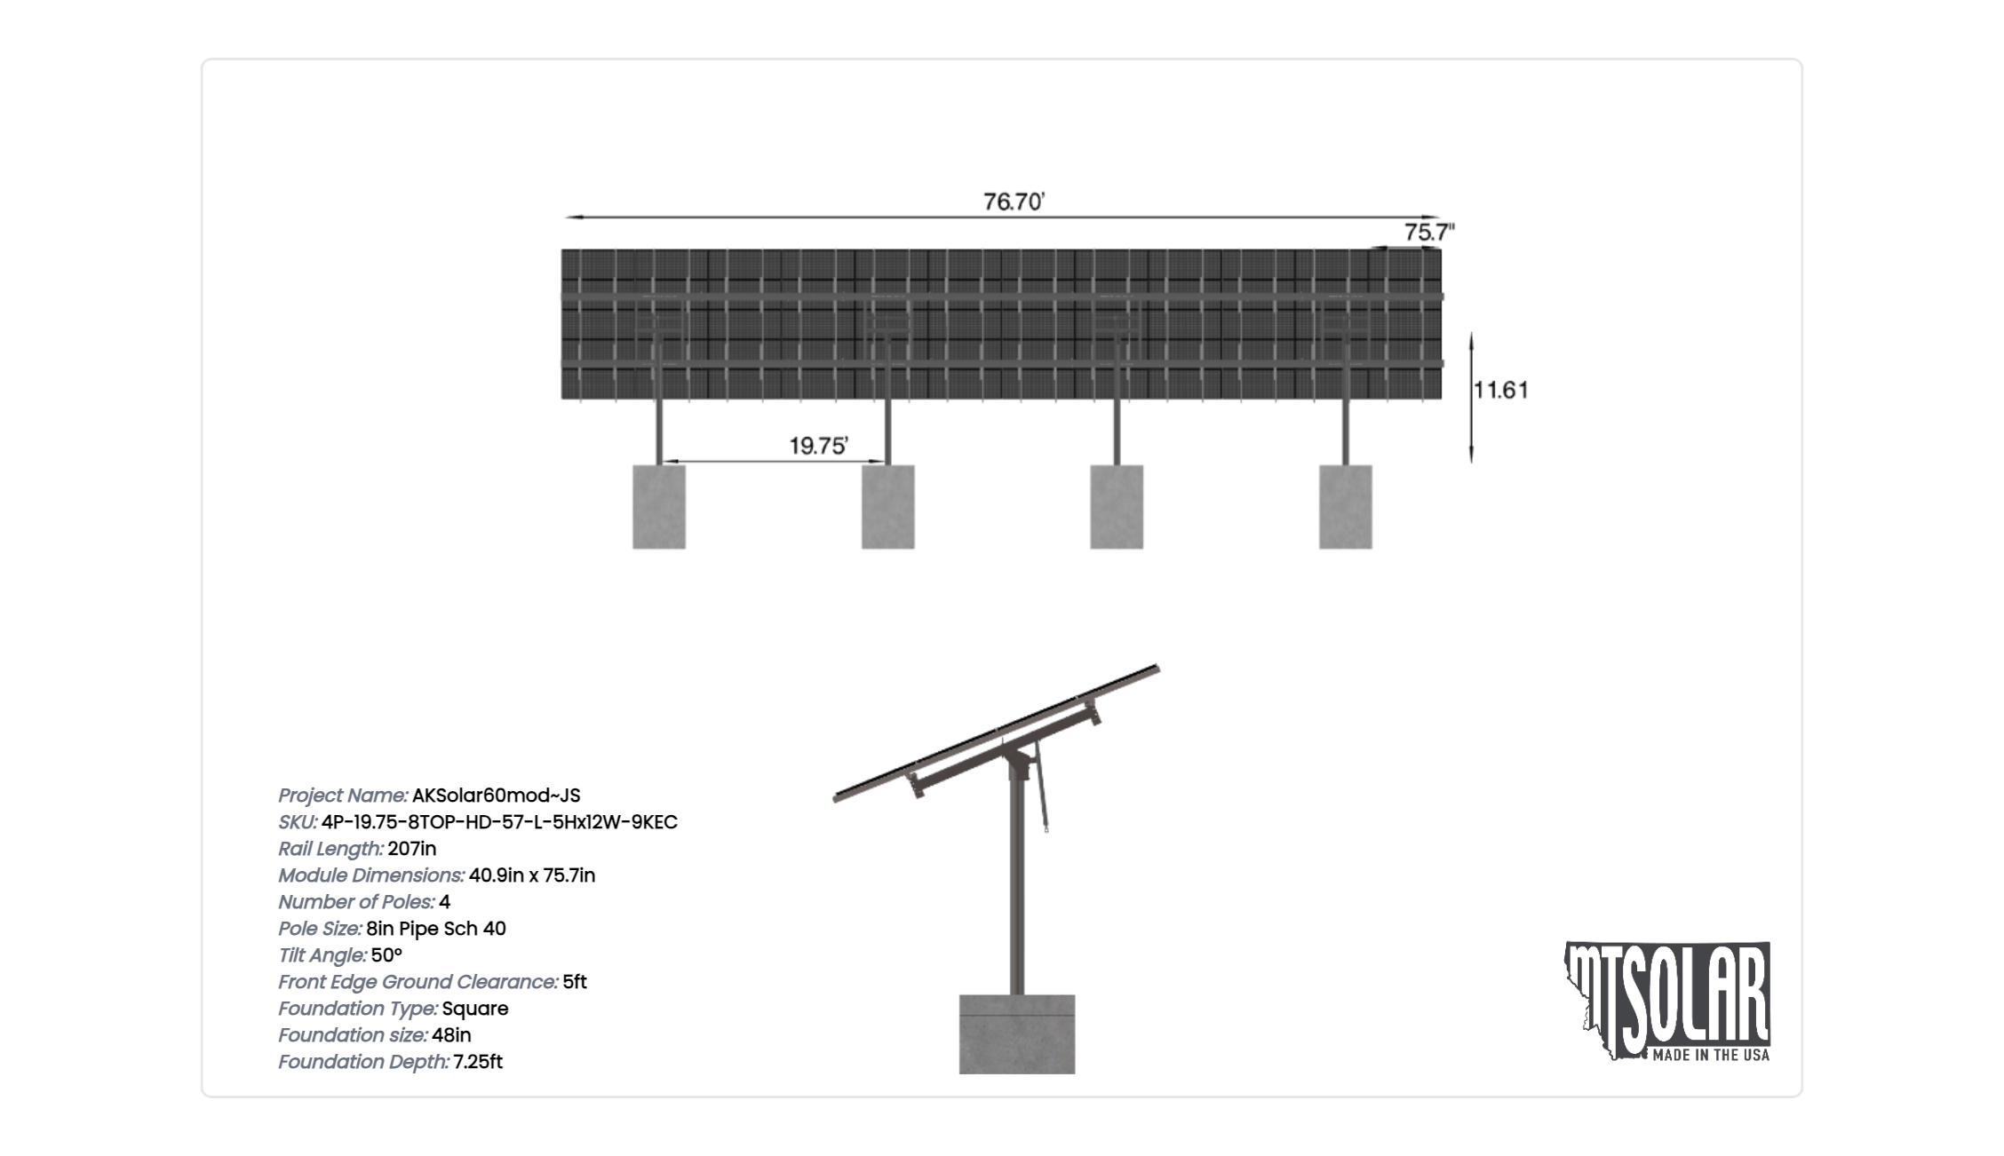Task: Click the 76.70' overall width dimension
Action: [1014, 202]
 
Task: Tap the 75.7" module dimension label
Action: [1429, 233]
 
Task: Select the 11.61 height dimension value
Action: [1501, 390]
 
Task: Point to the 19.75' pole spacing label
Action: [819, 446]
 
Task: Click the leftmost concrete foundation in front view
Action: [659, 507]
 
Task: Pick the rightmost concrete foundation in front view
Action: [1346, 507]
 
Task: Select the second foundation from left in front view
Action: [888, 507]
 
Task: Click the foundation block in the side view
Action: [1017, 1034]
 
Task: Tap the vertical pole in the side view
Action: [1017, 879]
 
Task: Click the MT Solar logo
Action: [1667, 1002]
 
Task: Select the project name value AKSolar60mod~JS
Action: [497, 796]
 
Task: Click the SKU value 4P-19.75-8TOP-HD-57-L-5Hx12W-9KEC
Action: [500, 822]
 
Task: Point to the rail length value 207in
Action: [412, 849]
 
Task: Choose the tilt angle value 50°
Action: [387, 955]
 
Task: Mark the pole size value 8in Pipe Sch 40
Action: [436, 929]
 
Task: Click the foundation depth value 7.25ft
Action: [478, 1062]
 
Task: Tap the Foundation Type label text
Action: [358, 1009]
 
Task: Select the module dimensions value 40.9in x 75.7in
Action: [532, 875]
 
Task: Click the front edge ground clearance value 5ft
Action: [575, 982]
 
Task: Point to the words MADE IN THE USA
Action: [1711, 1056]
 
